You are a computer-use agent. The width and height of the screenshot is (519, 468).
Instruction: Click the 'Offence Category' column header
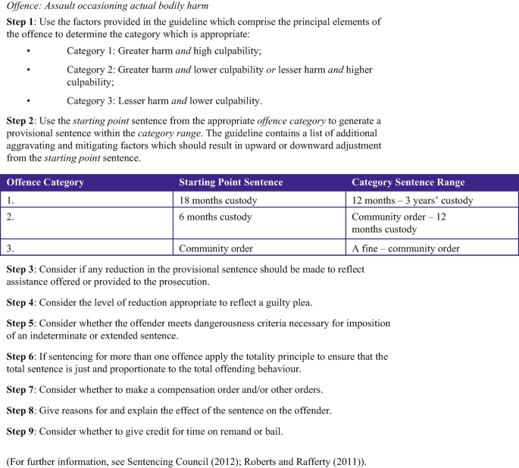click(45, 183)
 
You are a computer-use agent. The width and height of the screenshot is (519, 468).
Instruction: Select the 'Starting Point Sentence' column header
click(230, 183)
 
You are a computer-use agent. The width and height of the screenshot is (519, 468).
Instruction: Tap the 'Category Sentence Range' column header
click(408, 183)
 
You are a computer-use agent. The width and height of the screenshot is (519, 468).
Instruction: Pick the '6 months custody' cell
click(215, 217)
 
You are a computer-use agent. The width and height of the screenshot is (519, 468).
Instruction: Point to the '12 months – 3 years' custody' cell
click(412, 200)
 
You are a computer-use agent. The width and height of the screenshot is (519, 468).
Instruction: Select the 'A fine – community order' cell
click(405, 248)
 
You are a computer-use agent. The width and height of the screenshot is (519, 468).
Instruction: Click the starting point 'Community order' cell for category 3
click(216, 248)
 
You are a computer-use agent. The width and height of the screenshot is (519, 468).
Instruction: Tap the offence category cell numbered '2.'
click(11, 217)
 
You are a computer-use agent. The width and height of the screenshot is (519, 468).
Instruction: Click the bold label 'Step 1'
click(20, 22)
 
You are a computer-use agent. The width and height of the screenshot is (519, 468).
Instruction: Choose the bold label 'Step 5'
click(20, 323)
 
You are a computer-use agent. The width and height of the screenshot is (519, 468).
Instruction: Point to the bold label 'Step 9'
click(20, 431)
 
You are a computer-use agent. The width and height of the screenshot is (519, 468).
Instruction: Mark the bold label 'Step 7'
click(20, 389)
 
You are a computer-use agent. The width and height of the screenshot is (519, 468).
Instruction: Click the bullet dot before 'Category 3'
click(28, 100)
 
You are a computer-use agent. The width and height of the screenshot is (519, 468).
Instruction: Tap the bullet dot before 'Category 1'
click(28, 51)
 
